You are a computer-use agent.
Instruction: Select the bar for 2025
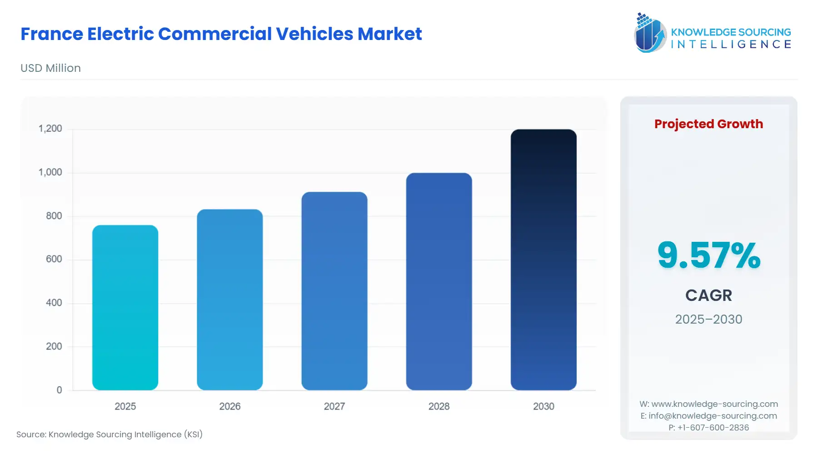coord(125,307)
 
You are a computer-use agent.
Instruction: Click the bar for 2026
coord(229,300)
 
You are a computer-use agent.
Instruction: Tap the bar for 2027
coord(334,291)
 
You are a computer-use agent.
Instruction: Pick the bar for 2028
coord(439,281)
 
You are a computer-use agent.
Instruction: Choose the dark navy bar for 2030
coord(543,260)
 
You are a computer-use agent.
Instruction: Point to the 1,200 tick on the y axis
coord(50,129)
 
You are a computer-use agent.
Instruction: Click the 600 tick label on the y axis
coord(54,259)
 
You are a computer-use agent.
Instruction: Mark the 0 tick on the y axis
coord(59,390)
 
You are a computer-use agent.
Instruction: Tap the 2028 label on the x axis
coord(439,406)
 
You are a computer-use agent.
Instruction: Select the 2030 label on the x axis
coord(543,406)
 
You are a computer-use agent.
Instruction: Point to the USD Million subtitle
coord(50,68)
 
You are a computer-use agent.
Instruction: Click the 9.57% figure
coord(708,255)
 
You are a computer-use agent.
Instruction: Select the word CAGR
coord(708,295)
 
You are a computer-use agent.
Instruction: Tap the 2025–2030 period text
coord(708,319)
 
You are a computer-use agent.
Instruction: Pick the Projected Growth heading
coord(708,124)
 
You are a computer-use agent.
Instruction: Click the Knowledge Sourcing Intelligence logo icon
coord(650,33)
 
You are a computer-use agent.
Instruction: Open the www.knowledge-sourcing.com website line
coord(708,404)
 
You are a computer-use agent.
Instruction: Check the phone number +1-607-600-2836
coord(708,428)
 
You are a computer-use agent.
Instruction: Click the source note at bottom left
coord(110,435)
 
